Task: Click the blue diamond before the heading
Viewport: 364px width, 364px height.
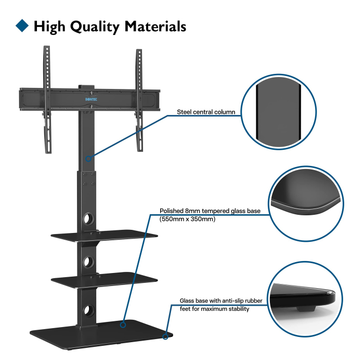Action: tap(22, 25)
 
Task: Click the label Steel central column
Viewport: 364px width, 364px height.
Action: tap(205, 111)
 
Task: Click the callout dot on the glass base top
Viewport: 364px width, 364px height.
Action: tap(123, 324)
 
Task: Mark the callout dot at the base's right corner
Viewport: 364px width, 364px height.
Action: tap(165, 336)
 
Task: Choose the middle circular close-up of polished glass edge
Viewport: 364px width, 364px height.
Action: tap(306, 204)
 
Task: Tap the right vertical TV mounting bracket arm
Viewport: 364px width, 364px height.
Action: tap(139, 99)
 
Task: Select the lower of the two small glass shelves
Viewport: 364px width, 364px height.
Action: tap(104, 280)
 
